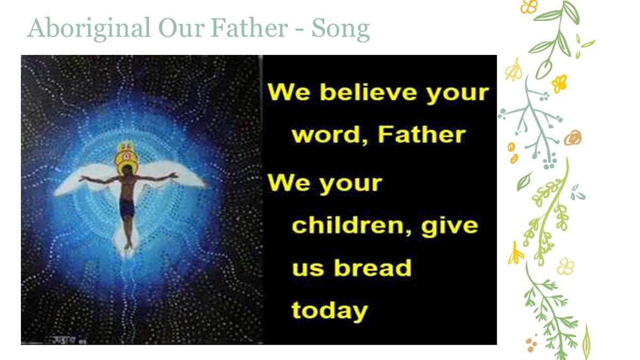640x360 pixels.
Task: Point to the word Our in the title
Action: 182,28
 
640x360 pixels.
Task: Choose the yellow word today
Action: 330,311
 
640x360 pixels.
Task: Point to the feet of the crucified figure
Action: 127,245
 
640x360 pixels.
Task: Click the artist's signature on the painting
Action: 69,340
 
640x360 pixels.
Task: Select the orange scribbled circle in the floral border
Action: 573,138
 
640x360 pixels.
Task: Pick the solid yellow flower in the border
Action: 559,83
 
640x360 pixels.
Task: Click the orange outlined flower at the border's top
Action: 529,6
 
